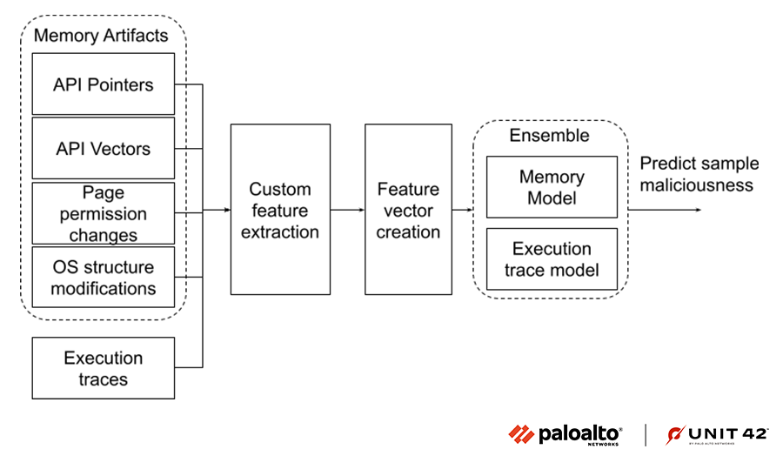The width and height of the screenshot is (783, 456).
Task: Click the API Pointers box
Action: pos(104,84)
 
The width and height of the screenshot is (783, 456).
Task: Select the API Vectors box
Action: pos(104,148)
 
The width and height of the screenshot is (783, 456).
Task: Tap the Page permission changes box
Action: pos(104,213)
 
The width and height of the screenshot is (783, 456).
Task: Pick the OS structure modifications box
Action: pos(104,277)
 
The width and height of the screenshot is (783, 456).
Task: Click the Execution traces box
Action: pos(104,368)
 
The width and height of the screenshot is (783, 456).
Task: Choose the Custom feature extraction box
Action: pos(280,210)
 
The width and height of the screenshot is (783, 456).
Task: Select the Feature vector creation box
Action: pos(408,210)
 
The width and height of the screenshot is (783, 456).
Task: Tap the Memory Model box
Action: pos(552,187)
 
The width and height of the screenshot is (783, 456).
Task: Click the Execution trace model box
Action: pos(552,259)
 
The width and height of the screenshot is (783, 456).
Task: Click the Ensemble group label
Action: pos(549,136)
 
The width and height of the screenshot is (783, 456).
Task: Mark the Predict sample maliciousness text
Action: pos(699,174)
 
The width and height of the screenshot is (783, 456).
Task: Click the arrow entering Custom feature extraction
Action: pos(217,210)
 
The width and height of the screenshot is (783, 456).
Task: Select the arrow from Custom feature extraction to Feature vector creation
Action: pos(348,210)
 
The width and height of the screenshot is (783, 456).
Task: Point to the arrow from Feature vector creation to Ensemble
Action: pos(462,210)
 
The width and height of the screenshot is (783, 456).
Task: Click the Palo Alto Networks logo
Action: pos(565,434)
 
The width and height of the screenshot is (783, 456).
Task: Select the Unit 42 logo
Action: pos(706,434)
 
